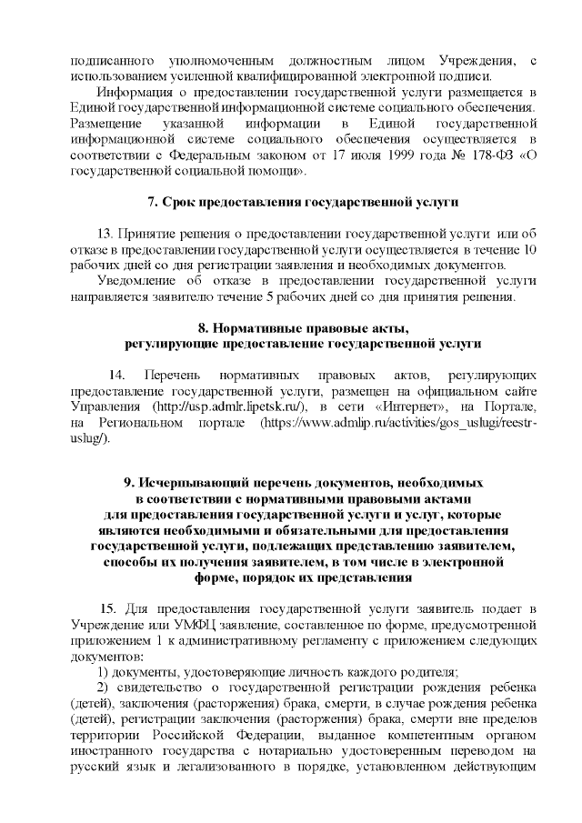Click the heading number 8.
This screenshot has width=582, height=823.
203,327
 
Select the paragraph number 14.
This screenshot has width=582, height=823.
116,375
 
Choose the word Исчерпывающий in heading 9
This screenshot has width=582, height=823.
198,483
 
